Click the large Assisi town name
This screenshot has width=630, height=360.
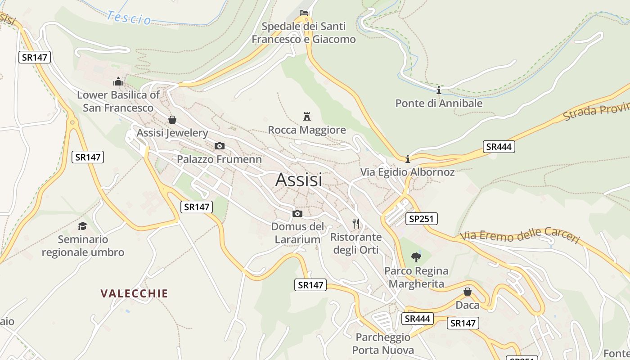coord(299,180)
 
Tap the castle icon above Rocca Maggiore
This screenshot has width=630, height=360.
coord(307,117)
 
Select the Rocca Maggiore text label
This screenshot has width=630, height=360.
coord(307,130)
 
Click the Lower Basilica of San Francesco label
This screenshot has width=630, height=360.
coord(118,101)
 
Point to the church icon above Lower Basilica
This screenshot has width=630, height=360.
coord(118,81)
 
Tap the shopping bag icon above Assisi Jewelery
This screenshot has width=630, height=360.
coord(172,120)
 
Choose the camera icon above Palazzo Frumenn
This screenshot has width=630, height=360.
coord(219,146)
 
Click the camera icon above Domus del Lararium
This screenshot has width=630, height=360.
coord(297,213)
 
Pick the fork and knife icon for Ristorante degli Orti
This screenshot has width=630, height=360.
coord(356,223)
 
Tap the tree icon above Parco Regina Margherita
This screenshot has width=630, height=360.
coord(416,257)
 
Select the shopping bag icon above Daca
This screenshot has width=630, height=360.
coord(468,292)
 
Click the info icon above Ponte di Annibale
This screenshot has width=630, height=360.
coord(439,90)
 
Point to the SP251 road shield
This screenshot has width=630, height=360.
coord(421,219)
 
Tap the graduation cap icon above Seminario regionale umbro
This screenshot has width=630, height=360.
coord(82,226)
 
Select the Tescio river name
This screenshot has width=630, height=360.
coord(129,18)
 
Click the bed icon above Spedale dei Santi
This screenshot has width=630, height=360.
coord(304,13)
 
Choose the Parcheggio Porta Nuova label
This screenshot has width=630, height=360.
coord(383,343)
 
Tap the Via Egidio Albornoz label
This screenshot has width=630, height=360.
coord(407,172)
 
